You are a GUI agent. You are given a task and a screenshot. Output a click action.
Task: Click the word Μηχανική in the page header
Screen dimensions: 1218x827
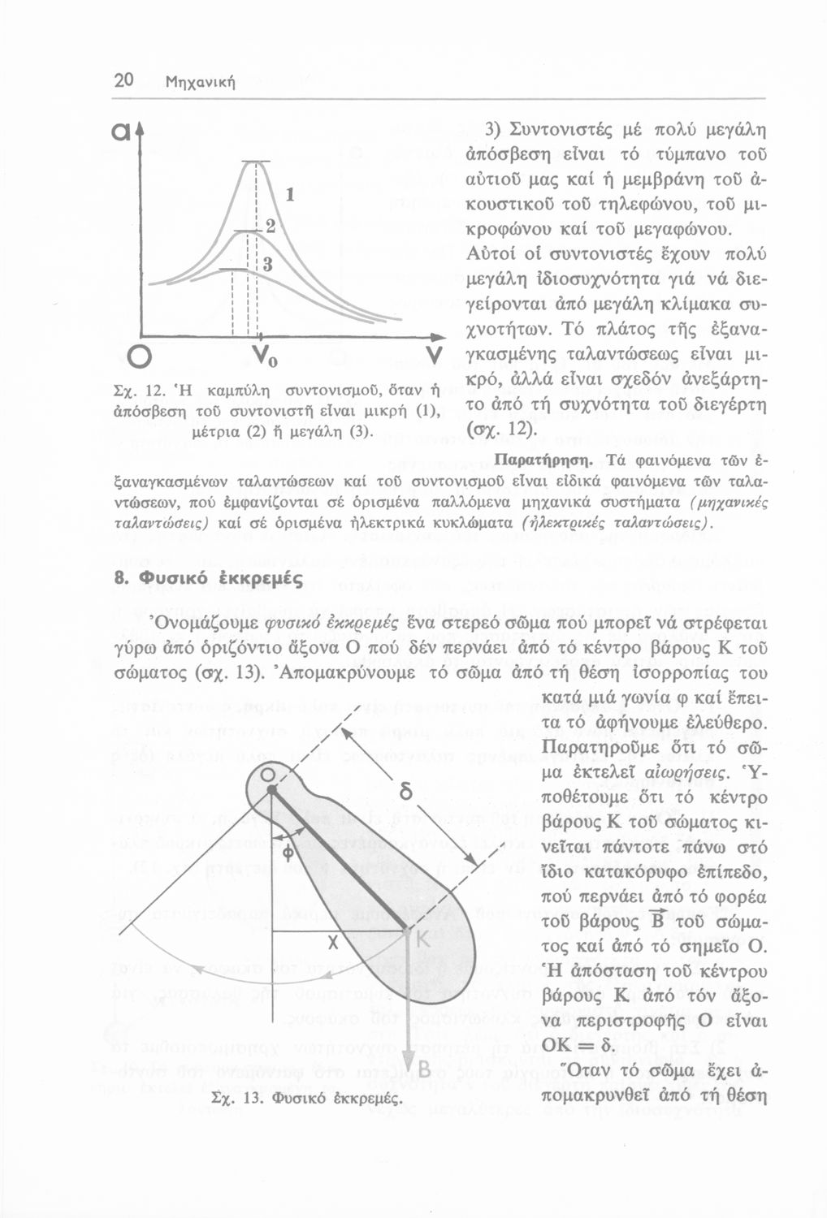pos(200,82)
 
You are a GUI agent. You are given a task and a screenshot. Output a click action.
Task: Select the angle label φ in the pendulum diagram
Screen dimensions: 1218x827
pos(289,852)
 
